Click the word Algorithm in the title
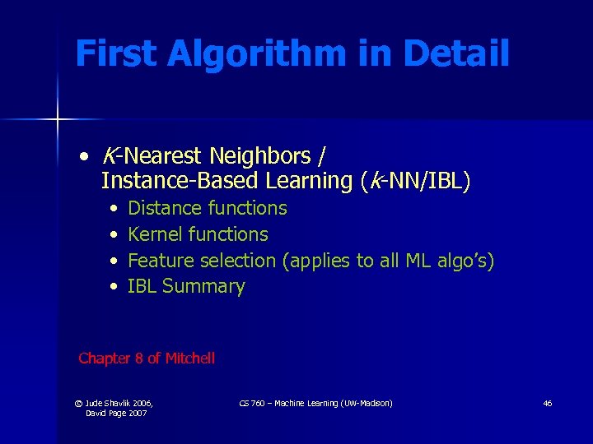pyautogui.click(x=255, y=54)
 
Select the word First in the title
pyautogui.click(x=116, y=54)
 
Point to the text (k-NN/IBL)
pyautogui.click(x=415, y=181)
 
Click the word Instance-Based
pyautogui.click(x=164, y=181)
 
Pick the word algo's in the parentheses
pyautogui.click(x=463, y=261)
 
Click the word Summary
pyautogui.click(x=203, y=287)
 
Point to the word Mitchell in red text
pyautogui.click(x=190, y=358)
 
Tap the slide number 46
pyautogui.click(x=548, y=403)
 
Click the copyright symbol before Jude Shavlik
pyautogui.click(x=78, y=403)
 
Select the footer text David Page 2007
pyautogui.click(x=116, y=413)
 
